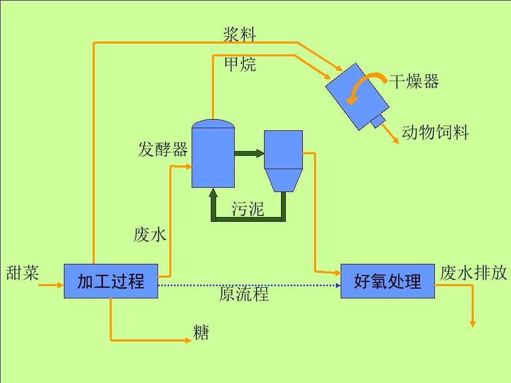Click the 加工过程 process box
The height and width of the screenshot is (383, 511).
[111, 281]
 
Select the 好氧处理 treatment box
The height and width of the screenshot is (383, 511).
[388, 281]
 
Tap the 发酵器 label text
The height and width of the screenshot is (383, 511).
[163, 149]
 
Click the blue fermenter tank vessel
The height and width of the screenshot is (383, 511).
[213, 154]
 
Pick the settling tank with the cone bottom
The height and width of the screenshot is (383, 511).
[283, 161]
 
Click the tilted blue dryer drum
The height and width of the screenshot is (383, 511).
[358, 96]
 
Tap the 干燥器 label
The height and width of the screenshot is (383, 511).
[414, 81]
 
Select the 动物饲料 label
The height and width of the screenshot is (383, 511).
[435, 132]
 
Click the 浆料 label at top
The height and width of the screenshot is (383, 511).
[240, 34]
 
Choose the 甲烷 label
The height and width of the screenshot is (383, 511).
[240, 64]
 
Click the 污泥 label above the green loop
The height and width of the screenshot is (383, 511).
[248, 209]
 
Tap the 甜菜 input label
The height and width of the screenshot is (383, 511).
[22, 273]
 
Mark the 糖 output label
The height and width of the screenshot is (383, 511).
[201, 332]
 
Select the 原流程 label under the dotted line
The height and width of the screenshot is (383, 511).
[244, 294]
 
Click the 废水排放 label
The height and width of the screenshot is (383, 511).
[474, 273]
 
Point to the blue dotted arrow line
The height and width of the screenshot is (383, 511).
[249, 285]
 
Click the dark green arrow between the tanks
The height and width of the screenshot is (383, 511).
[249, 153]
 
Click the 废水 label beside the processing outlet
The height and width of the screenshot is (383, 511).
[150, 235]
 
